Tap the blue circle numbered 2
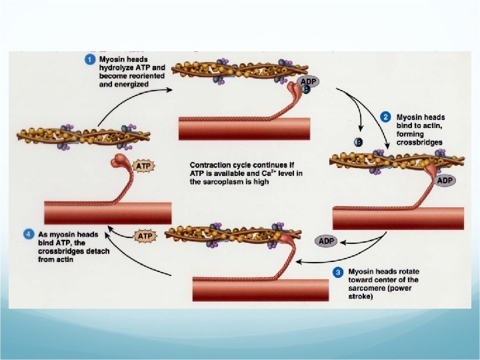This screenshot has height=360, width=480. pos(385,117)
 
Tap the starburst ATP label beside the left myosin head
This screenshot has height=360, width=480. pos(143,164)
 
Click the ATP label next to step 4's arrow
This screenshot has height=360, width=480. pos(145,236)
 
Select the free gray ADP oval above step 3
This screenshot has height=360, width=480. pos(327,240)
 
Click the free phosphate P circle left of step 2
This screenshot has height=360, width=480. pos(359,142)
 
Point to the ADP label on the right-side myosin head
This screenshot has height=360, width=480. pos(445,181)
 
